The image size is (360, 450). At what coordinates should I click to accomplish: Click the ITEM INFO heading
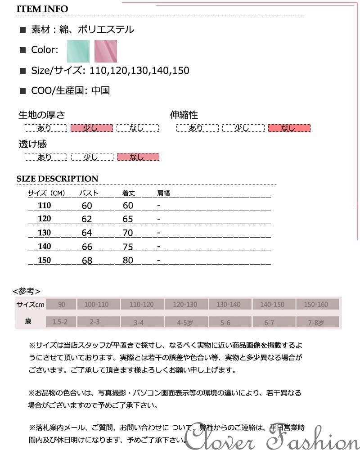42,9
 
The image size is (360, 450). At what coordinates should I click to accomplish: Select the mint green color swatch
78,51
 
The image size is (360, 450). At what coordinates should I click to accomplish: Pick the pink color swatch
106,51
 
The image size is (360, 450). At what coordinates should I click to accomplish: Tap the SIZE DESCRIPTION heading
57,179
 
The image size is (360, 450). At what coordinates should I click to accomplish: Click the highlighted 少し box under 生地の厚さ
91,128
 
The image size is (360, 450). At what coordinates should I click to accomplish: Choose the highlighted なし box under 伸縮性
289,128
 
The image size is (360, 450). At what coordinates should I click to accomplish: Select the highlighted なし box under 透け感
138,157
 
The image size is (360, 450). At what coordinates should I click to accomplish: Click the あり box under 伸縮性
196,128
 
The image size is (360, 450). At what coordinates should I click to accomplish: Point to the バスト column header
89,193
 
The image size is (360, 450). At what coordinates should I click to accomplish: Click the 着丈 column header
129,193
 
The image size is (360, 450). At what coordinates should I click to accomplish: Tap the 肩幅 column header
163,193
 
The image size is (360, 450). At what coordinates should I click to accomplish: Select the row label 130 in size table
45,233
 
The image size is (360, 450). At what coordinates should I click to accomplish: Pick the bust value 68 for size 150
87,261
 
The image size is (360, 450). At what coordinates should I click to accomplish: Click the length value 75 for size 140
128,247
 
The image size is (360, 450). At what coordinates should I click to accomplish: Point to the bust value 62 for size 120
87,219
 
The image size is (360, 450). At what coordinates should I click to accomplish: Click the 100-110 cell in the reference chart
97,305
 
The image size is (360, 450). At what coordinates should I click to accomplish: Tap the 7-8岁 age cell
316,322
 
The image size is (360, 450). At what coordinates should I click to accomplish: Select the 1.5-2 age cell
60,322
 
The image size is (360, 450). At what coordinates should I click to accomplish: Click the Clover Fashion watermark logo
273,436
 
